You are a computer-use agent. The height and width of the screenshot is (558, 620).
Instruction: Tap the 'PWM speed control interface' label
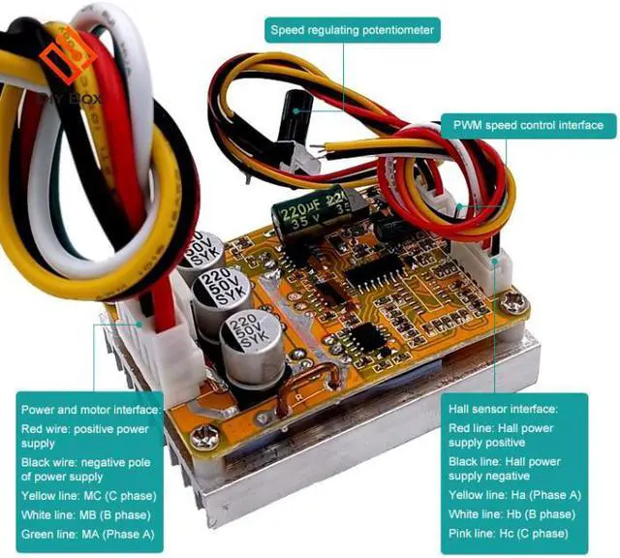point(528,125)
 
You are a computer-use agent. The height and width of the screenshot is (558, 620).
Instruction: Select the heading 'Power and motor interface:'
point(90,410)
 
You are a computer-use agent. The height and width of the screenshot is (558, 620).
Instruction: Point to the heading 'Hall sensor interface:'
point(504,410)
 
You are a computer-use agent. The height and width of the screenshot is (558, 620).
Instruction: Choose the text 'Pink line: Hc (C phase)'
point(510,534)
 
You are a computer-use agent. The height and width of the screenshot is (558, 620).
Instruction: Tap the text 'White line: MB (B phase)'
point(87,514)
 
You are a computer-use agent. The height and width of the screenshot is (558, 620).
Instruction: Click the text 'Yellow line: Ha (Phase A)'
point(515,495)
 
